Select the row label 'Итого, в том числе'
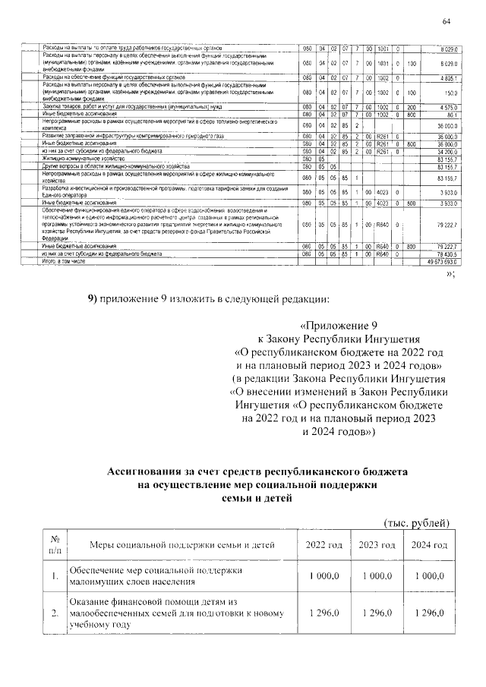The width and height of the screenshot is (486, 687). (62, 260)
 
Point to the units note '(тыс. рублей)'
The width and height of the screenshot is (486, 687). (417, 523)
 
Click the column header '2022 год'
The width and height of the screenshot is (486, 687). (324, 546)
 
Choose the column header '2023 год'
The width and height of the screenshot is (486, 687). (377, 546)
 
